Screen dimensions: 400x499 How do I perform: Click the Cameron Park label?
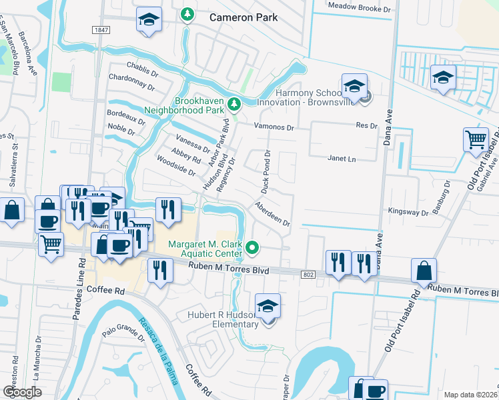click(x=243, y=17)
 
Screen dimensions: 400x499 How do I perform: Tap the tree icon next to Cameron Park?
click(x=187, y=14)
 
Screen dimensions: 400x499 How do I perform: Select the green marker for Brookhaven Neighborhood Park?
click(x=233, y=104)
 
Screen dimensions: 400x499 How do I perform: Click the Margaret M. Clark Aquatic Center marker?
click(x=252, y=249)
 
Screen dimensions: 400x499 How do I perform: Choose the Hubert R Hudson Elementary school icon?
click(x=268, y=306)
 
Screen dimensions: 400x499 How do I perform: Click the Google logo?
click(x=23, y=391)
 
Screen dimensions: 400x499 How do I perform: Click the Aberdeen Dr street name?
click(x=272, y=213)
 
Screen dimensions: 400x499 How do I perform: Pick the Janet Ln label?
click(x=342, y=159)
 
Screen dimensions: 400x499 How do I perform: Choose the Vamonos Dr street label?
click(x=274, y=125)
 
